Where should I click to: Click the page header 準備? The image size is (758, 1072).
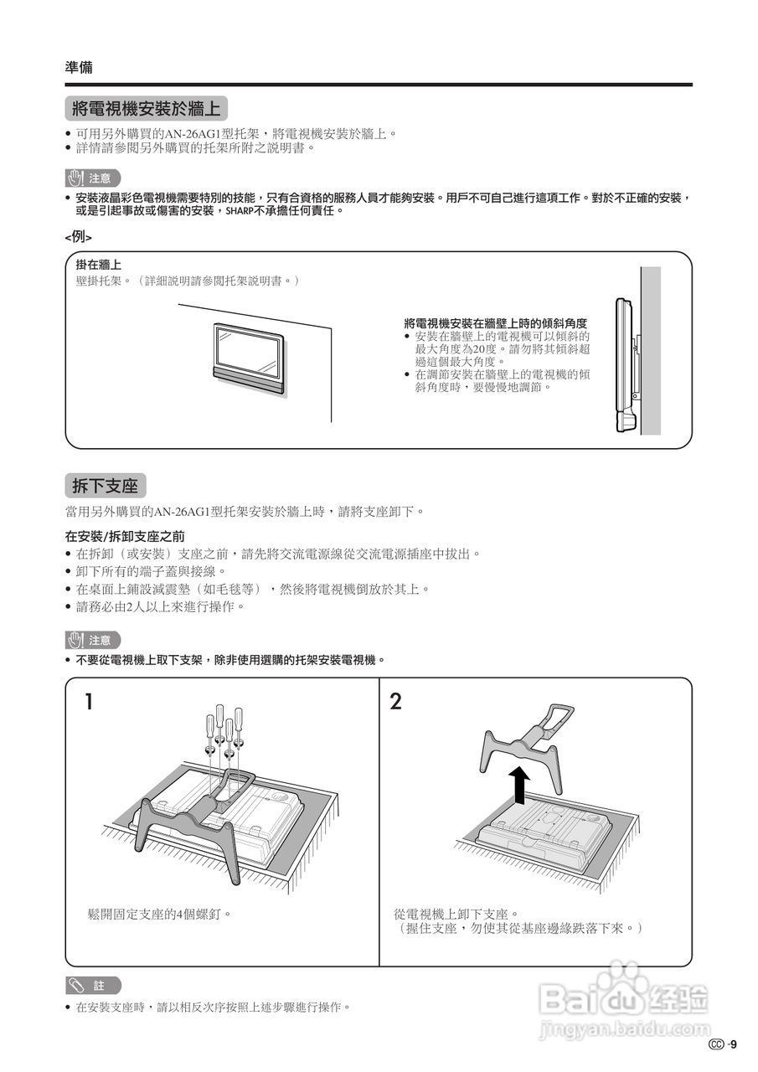click(79, 67)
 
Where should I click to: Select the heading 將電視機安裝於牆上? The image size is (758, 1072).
click(146, 109)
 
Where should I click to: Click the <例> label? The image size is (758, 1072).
click(79, 237)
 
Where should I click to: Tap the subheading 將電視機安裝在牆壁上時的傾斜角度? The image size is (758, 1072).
click(495, 323)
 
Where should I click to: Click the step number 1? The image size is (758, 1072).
click(88, 702)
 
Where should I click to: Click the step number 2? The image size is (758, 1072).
click(396, 702)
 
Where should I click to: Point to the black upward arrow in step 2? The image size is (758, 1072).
click(520, 786)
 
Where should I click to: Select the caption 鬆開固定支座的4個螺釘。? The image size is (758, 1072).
click(159, 914)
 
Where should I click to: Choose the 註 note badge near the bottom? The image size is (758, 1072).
click(93, 986)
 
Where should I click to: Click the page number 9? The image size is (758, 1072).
click(734, 1044)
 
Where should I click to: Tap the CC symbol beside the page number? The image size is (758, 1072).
click(715, 1044)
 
